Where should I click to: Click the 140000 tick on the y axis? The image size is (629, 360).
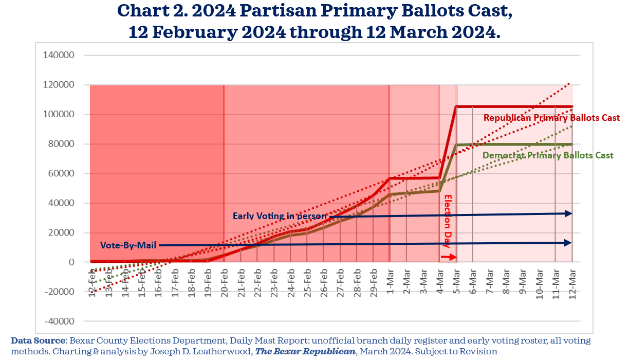[x=61, y=55]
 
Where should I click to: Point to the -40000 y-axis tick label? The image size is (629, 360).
[x=60, y=321]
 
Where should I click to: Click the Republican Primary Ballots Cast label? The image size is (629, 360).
[x=551, y=118]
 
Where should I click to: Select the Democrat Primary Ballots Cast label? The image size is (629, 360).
[x=548, y=155]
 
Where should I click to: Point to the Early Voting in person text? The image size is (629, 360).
[x=279, y=216]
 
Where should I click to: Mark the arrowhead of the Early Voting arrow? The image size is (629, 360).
[x=568, y=213]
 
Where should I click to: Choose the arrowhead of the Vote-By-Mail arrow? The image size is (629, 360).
[x=568, y=243]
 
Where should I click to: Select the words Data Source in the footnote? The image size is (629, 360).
[x=38, y=340]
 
